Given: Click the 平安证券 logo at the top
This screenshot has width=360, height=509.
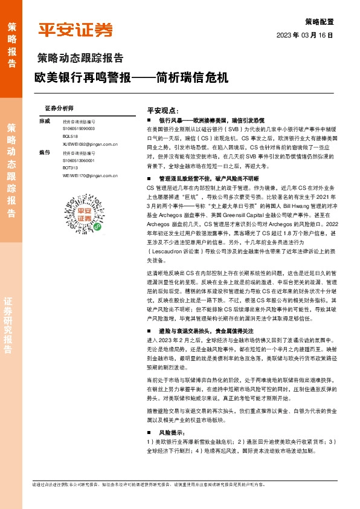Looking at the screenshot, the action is coord(76,29).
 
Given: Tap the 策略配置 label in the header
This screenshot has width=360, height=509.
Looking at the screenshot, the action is coord(319,22).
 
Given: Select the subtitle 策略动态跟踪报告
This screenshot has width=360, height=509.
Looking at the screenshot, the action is coord(80,59).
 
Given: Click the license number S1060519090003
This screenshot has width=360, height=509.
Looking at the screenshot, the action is coord(79,129).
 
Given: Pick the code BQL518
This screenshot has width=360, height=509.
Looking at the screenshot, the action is coord(70,137).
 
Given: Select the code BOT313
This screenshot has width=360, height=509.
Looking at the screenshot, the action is coord(70,167).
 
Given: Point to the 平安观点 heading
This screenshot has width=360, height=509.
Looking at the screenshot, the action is coord(162,111).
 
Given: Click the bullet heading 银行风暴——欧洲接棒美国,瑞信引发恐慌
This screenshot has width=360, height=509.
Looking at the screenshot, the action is coord(209,121).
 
